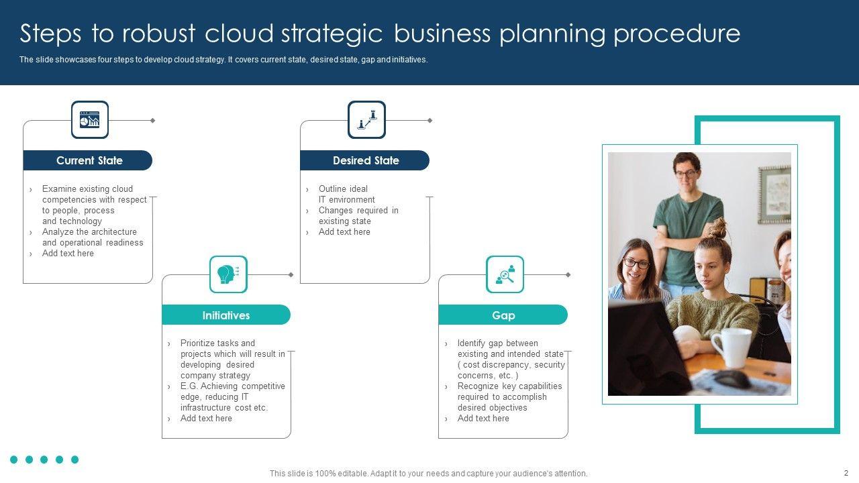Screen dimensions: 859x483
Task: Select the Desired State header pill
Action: point(365,160)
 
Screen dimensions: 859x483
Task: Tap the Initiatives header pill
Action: point(226,315)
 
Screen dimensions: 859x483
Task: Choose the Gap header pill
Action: point(503,315)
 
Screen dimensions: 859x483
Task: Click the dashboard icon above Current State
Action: point(90,120)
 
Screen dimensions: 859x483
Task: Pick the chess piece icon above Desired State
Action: point(366,120)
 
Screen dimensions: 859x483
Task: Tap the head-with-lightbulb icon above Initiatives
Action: point(228,274)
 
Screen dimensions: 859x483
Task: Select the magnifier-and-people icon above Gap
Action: point(505,274)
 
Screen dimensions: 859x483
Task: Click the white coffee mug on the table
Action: point(732,347)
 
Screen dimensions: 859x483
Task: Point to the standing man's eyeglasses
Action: point(686,173)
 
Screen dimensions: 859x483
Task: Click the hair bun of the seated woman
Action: point(717,227)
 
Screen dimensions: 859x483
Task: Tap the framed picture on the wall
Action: point(774,194)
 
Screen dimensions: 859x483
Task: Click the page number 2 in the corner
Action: point(846,473)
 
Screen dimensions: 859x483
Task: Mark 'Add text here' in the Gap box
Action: point(483,419)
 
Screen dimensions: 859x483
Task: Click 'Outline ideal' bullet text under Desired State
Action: point(343,189)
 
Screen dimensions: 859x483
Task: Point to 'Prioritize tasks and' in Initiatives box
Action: point(217,343)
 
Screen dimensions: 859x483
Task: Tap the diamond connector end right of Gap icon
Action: point(568,275)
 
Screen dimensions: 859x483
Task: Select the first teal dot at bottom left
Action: point(14,460)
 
